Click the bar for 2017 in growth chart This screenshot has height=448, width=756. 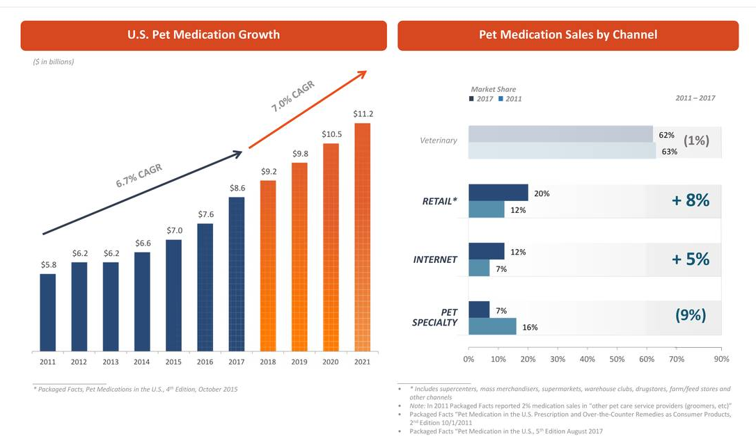pos(237,274)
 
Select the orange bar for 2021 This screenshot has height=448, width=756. pos(362,237)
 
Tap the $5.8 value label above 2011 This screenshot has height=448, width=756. pos(48,264)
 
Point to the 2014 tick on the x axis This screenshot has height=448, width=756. pos(142,362)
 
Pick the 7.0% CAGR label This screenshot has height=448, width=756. pos(293,96)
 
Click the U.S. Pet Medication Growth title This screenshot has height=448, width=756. pos(203,35)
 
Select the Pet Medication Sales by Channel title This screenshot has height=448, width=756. pos(568,35)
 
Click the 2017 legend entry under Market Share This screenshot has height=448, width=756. pos(481,99)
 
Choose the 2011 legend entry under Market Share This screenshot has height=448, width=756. pos(510,99)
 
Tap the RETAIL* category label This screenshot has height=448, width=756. pos(439,202)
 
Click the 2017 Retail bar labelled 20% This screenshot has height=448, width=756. pos(498,193)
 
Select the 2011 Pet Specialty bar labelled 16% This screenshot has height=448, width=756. pos(492,326)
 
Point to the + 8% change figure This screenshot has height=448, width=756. pos(691,200)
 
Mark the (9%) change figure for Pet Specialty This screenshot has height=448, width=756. pos(691,315)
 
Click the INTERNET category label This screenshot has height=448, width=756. pos(435,259)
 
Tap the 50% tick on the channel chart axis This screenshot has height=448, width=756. pos(617,360)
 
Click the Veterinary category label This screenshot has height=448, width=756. pos(439,141)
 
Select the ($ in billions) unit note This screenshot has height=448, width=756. pos(54,62)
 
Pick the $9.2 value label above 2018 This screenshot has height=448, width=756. pos(269,170)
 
